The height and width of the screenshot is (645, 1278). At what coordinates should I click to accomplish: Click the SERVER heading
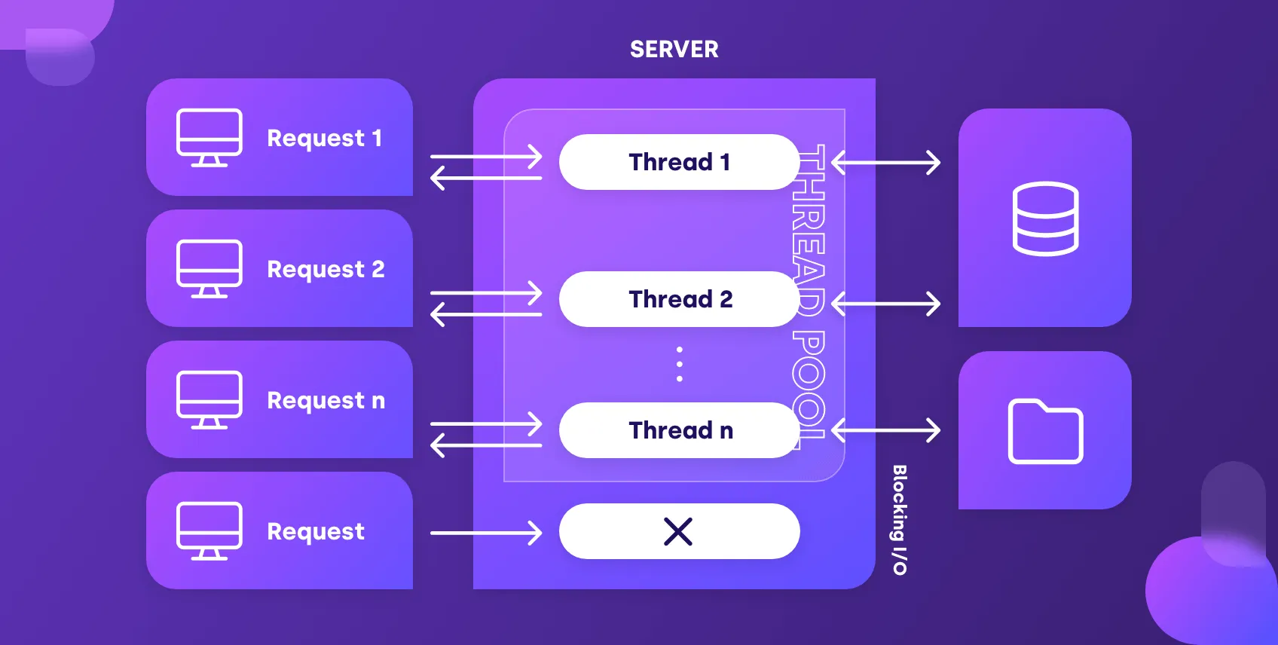(674, 50)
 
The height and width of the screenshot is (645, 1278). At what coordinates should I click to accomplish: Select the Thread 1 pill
(679, 162)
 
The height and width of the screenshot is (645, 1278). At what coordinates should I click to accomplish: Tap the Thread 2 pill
(679, 299)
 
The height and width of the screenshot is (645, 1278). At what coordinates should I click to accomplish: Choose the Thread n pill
(679, 430)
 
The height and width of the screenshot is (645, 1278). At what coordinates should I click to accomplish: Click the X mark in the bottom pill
(678, 532)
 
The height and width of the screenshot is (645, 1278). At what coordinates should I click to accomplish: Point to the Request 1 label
(324, 139)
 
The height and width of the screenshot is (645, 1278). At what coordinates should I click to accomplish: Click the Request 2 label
(326, 270)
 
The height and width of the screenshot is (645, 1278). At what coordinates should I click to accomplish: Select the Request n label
(326, 401)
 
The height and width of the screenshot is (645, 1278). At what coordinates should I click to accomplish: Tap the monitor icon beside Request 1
(209, 138)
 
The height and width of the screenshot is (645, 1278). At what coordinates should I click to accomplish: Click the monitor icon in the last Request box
(209, 531)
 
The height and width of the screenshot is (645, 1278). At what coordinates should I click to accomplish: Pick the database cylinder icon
(1045, 219)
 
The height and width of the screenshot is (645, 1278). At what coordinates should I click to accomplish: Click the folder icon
(1045, 431)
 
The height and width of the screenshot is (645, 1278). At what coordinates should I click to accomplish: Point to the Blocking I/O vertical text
(900, 520)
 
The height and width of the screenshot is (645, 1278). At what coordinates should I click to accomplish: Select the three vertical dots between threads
(680, 364)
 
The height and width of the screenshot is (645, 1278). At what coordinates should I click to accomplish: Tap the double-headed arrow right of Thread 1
(886, 162)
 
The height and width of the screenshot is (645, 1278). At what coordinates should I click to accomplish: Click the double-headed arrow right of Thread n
(886, 430)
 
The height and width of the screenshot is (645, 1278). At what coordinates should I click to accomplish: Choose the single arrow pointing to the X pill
(486, 533)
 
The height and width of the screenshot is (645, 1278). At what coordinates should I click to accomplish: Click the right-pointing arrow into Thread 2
(486, 293)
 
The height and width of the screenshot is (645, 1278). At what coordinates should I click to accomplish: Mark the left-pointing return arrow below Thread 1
(486, 179)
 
